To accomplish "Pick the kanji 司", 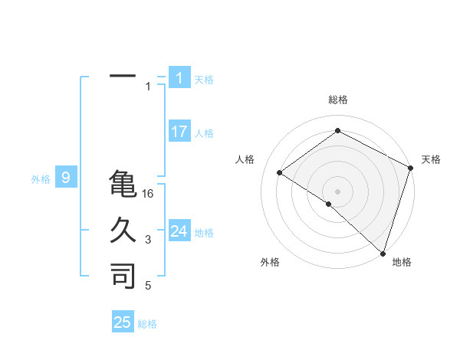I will pos(123,276).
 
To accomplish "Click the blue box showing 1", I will pos(179,77).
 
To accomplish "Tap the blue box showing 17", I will pos(179,131).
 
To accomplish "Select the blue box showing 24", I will pos(179,231).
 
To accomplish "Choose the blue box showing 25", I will pos(123,322).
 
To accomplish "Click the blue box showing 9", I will pos(66,178).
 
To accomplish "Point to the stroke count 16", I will pos(148,194).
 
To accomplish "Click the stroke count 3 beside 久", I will pos(148,240).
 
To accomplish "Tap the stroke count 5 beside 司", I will pos(148,286).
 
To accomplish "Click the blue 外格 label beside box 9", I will pos(41,179).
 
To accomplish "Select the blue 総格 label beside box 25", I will pos(147,323).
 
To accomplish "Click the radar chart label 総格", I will pos(338,100).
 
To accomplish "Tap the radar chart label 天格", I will pos(431,159).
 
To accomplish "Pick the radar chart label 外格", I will pos(270,262).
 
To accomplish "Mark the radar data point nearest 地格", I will pos(383,252).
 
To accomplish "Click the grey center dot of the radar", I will pos(337,191).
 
